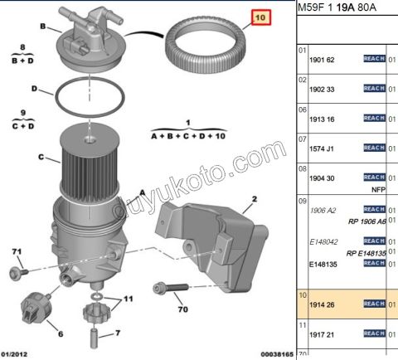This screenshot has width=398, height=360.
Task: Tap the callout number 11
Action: [x=128, y=299]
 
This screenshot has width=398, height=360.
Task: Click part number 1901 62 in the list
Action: [x=322, y=60]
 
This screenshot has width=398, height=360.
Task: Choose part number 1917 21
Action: [x=322, y=336]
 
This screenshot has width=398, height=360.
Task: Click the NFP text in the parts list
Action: [x=378, y=188]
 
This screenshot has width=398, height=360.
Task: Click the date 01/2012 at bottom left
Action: [x=17, y=353]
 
